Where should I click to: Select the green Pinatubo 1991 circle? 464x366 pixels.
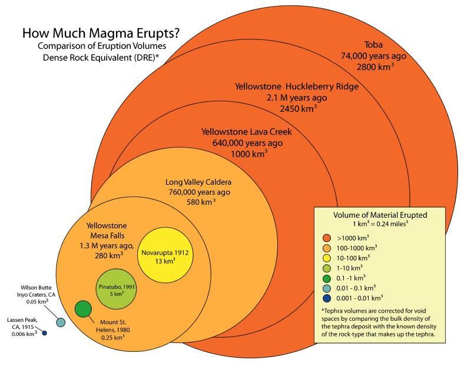tap(120, 288)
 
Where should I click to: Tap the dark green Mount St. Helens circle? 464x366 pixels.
tap(84, 308)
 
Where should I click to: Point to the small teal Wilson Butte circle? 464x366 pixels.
tap(60, 322)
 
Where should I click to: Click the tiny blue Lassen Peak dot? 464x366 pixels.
tap(44, 334)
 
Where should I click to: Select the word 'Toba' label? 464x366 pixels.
tap(374, 44)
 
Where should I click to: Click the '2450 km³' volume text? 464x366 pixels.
tap(299, 108)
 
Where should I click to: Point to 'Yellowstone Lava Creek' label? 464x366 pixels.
tap(246, 131)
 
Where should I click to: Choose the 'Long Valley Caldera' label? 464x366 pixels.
tap(198, 181)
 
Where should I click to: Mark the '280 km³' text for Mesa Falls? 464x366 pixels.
tap(108, 256)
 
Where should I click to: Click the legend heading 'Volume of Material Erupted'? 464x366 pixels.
tap(380, 215)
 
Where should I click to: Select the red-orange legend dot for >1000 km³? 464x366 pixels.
tap(325, 238)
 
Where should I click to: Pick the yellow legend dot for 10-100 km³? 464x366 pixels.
tap(325, 258)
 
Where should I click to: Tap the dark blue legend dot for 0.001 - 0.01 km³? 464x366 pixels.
tap(325, 298)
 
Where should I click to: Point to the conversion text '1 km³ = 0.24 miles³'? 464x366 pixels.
tap(380, 224)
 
